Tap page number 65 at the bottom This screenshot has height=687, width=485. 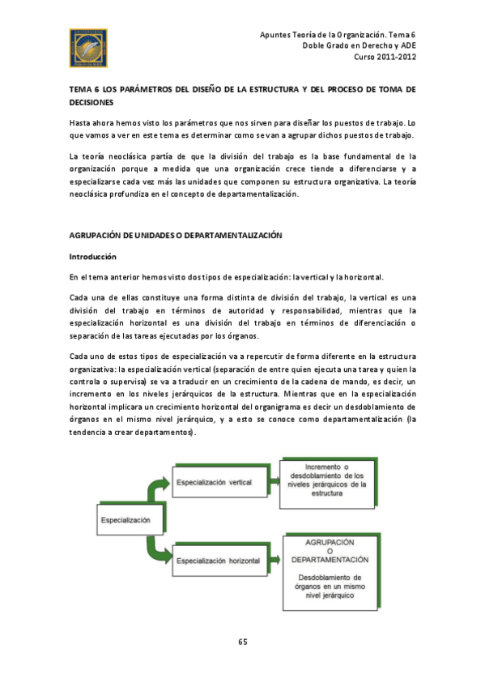[242, 642]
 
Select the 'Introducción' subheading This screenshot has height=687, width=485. [93, 256]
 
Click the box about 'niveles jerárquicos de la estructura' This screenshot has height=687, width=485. [328, 479]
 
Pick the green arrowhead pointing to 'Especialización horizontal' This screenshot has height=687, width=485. [167, 558]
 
